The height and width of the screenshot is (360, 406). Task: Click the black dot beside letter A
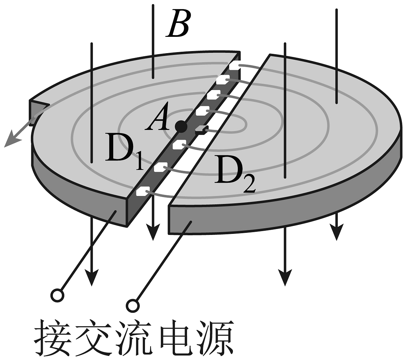pyautogui.click(x=181, y=127)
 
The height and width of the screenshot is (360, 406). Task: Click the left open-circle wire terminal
pyautogui.click(x=57, y=295)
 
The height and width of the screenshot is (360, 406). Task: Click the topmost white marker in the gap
pyautogui.click(x=234, y=65)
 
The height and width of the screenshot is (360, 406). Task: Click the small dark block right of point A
pyautogui.click(x=201, y=130)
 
